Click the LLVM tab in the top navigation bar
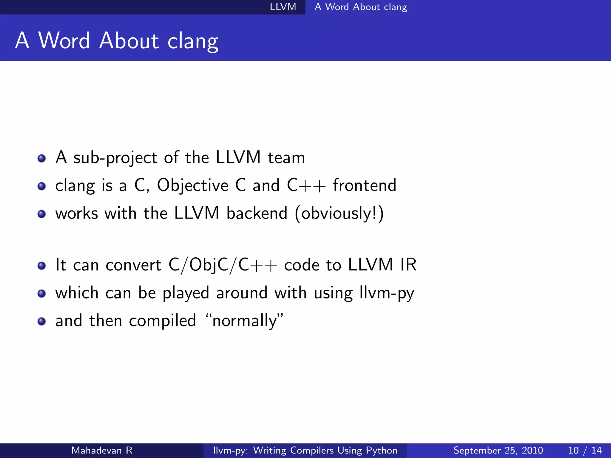(283, 7)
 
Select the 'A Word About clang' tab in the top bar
(361, 7)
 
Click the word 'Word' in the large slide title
(64, 41)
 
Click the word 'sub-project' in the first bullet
(115, 158)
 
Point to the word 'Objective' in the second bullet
(193, 185)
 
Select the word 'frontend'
(365, 185)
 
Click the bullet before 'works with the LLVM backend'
(42, 214)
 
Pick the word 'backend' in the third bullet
(257, 213)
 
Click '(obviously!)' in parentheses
(339, 213)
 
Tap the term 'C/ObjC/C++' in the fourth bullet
(223, 265)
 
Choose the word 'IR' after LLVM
(408, 264)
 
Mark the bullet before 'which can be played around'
(42, 293)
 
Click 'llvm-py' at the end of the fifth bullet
(387, 293)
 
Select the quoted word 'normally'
(245, 321)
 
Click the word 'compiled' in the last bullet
(163, 321)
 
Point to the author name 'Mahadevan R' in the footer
(102, 450)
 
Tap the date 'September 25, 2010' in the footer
(498, 450)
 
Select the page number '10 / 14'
(585, 450)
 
